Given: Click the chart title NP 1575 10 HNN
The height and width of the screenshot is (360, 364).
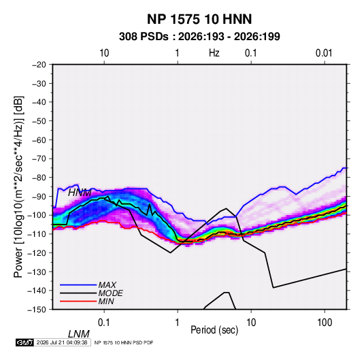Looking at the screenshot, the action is click(199, 19).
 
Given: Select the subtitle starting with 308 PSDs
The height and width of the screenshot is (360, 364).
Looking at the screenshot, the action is click(199, 37).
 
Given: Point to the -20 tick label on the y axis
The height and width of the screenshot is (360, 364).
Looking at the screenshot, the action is click(39, 65).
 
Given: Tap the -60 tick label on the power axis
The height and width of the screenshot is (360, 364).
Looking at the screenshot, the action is click(39, 140).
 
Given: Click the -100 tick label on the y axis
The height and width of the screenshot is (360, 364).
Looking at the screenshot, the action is click(37, 215).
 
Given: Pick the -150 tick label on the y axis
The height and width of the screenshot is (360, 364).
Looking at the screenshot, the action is click(37, 310).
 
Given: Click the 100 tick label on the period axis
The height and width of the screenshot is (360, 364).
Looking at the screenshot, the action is click(325, 322).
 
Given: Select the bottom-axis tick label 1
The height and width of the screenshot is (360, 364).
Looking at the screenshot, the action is click(178, 322).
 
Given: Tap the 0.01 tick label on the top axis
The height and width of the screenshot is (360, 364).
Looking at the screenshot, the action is click(324, 53).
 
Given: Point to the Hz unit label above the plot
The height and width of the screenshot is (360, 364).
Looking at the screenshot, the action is click(214, 53).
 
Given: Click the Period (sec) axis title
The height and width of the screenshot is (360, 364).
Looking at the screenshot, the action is click(214, 330).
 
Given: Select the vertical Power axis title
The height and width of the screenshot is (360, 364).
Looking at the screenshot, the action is click(18, 187).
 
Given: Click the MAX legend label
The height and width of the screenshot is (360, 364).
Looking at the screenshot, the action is click(107, 285).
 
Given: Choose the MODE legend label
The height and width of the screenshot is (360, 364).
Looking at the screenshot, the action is click(110, 293).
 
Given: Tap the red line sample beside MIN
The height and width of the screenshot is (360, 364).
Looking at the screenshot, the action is click(78, 301).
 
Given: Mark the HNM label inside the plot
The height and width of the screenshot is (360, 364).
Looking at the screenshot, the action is click(80, 193).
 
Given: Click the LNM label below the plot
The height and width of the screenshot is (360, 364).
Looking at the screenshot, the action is click(79, 334).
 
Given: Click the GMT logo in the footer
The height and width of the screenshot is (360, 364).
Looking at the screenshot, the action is click(25, 342).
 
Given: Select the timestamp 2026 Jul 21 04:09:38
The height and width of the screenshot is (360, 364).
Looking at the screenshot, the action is click(62, 342).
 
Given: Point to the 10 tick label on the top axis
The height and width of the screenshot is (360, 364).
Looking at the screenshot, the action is click(104, 53).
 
